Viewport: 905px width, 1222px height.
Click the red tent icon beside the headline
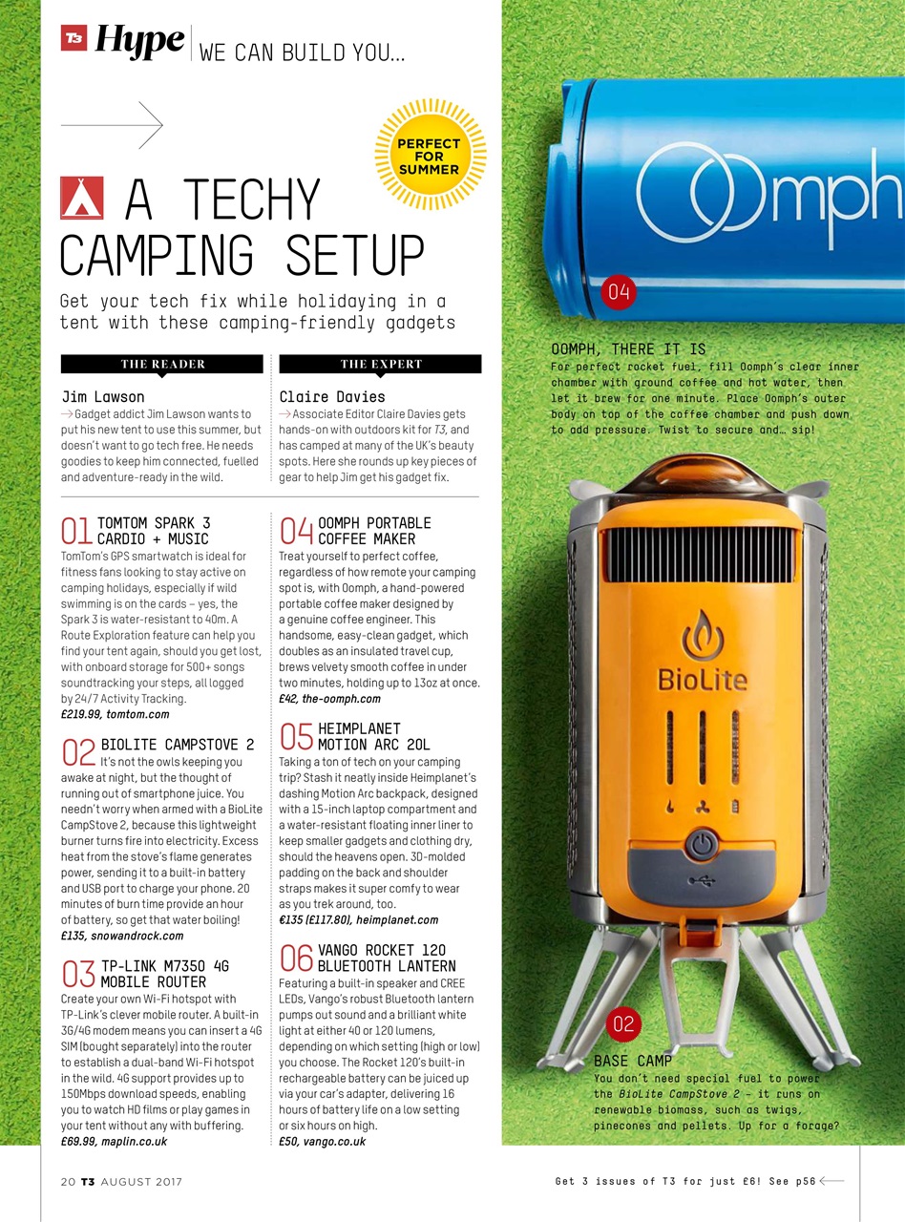(x=81, y=198)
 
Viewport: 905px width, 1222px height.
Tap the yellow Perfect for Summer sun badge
(x=430, y=157)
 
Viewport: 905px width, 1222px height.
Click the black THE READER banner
(x=162, y=364)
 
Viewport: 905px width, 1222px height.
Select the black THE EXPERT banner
(x=381, y=364)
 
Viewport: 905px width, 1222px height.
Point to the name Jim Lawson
(x=103, y=396)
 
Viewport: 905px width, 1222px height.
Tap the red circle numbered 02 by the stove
(x=623, y=1025)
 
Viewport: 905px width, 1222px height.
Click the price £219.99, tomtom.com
(x=115, y=713)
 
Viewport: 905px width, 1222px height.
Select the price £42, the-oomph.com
(x=329, y=699)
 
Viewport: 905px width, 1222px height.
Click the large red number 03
(x=78, y=974)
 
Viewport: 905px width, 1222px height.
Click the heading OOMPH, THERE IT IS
(x=628, y=349)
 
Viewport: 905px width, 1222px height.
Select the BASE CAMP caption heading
(x=633, y=1061)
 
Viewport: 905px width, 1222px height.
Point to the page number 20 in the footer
(x=67, y=1182)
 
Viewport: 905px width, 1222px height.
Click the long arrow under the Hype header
(x=112, y=124)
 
